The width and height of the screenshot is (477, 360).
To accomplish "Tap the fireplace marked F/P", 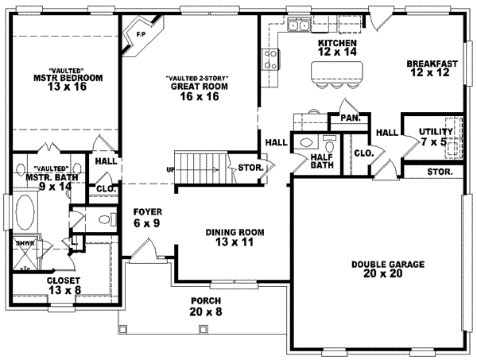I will coord(139,35).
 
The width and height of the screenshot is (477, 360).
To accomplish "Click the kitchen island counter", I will coord(334,72).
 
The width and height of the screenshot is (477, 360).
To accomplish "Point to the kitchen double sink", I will coord(299,27).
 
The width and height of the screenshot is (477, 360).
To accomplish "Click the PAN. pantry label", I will coord(350,118).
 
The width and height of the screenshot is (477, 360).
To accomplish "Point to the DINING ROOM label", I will coord(235,237).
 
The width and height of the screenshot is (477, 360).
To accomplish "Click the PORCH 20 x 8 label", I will coord(204,307).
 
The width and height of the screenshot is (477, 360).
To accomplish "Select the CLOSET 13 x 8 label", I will coord(45,285).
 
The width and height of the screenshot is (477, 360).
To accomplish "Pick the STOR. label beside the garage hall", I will coord(439,171).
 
